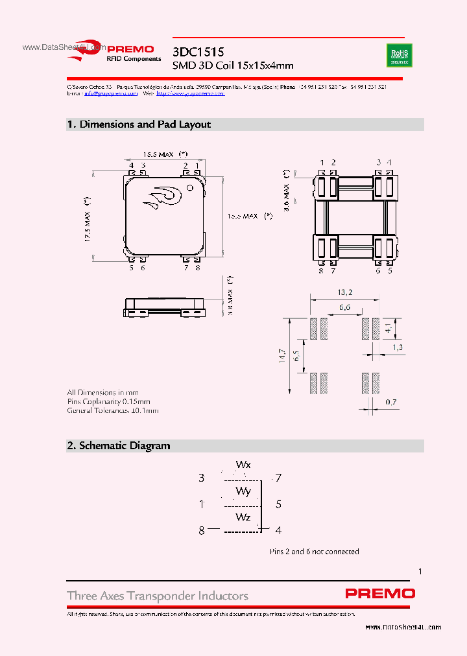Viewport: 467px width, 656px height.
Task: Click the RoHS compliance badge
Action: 400,56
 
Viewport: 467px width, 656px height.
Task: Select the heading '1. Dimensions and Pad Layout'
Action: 139,124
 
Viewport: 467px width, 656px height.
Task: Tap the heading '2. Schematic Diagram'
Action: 119,445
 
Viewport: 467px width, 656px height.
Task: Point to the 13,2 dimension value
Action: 344,292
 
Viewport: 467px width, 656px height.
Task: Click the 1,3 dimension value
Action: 397,348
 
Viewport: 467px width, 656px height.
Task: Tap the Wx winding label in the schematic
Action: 243,465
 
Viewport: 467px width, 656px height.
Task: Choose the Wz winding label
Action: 243,517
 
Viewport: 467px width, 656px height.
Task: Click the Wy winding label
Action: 243,491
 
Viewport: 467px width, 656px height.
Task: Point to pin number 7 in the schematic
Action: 278,478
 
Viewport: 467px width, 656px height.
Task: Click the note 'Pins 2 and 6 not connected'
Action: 314,552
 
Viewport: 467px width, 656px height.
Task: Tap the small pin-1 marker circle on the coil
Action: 190,188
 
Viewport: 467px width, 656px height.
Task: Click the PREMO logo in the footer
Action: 379,593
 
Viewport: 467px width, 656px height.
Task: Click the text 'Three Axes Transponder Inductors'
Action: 158,596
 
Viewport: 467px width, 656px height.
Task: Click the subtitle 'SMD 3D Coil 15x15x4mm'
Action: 233,65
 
